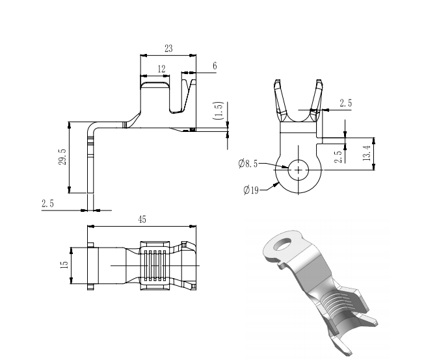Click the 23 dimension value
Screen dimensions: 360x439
(168, 48)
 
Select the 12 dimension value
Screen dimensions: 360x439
(161, 68)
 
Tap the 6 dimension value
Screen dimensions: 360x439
(215, 66)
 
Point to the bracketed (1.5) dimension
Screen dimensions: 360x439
(219, 110)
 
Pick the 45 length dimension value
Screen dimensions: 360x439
(142, 220)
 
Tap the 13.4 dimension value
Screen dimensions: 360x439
(367, 154)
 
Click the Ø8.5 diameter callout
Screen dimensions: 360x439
(248, 164)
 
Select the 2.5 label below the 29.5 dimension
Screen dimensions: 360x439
(47, 203)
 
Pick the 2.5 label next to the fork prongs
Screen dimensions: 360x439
(345, 103)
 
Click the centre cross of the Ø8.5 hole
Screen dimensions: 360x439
(299, 170)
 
